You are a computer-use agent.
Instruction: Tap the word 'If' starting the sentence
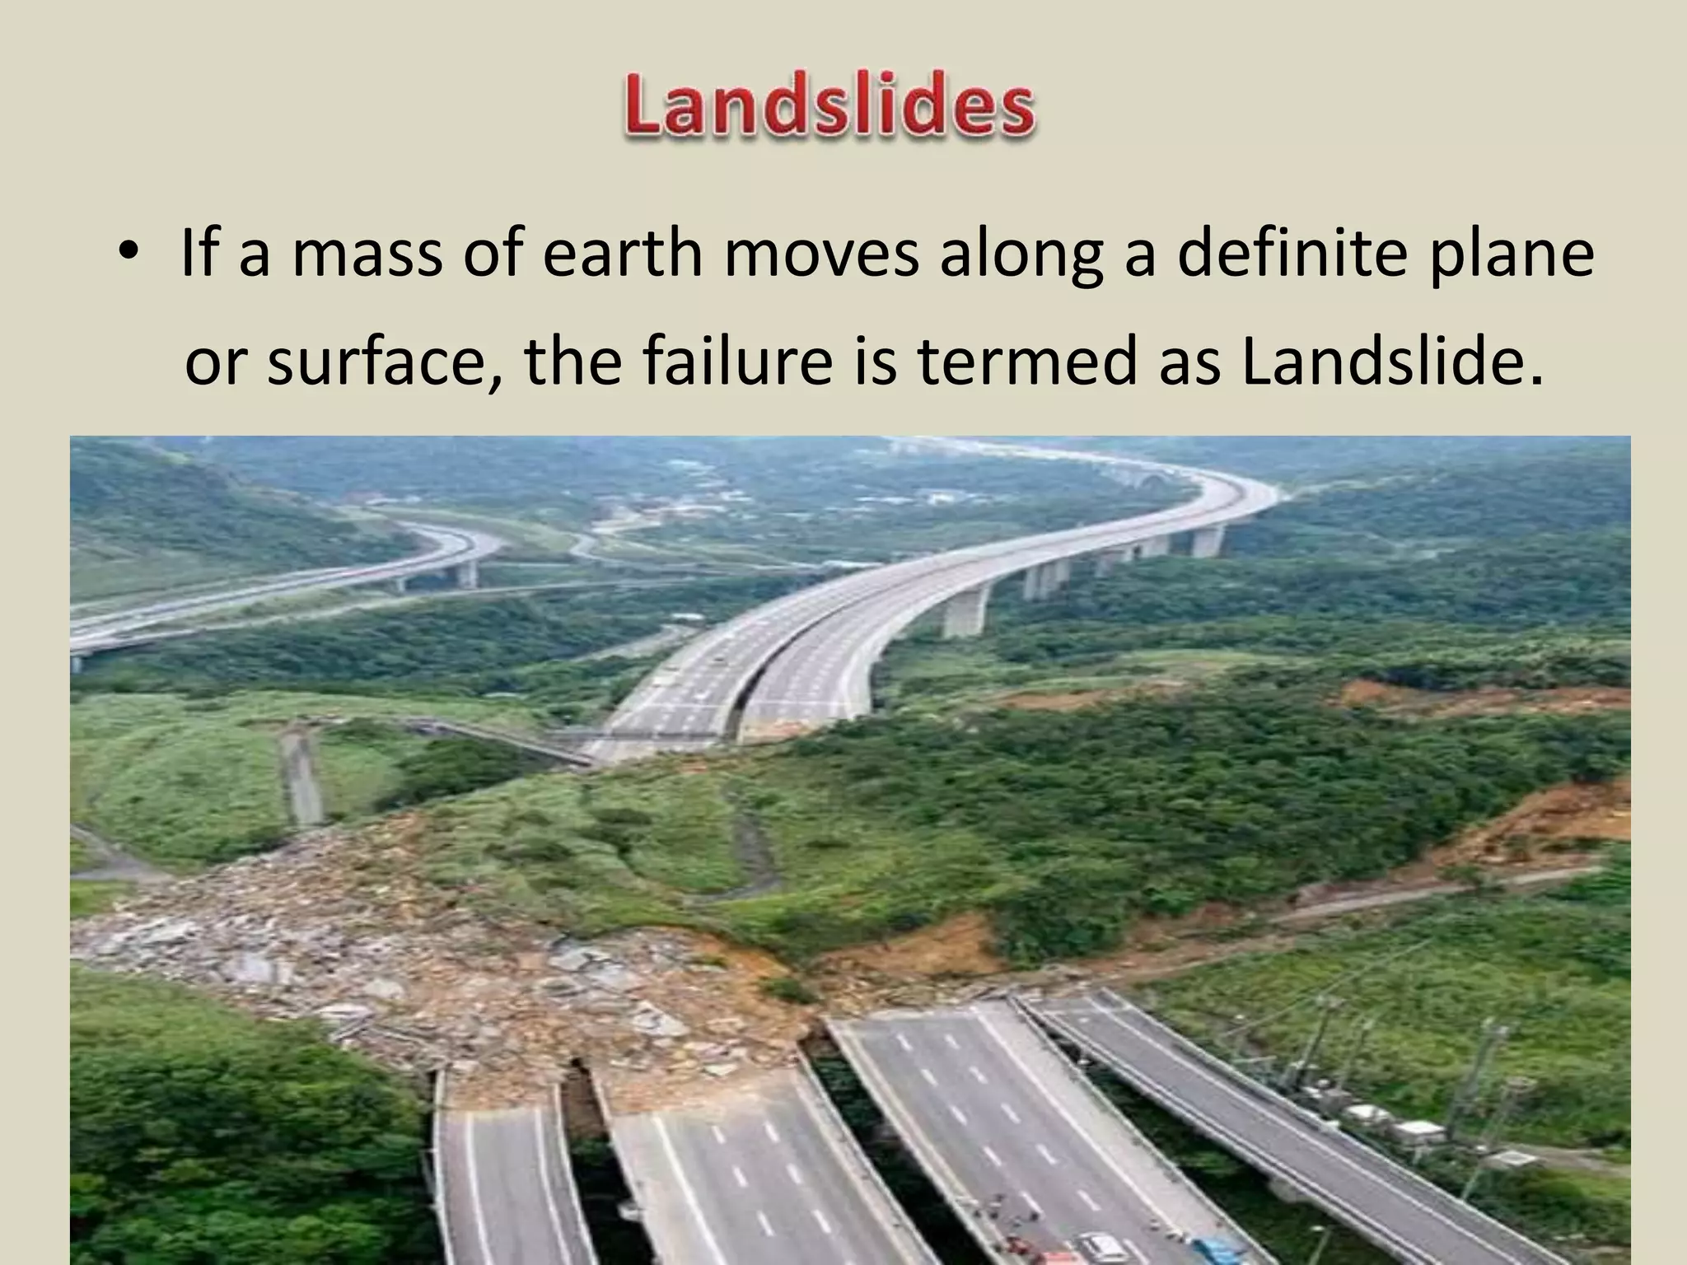pos(199,254)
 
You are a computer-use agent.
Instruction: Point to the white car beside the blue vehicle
pos(1100,1245)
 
